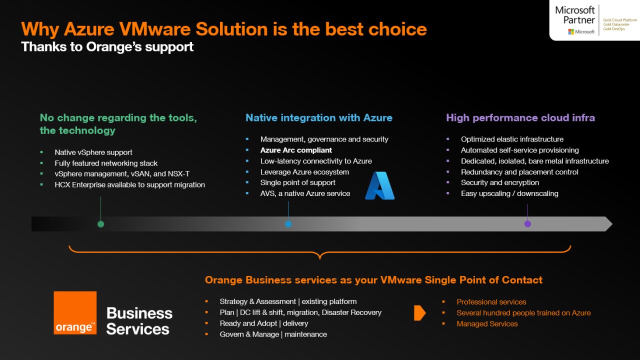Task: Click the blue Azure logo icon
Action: click(x=380, y=186)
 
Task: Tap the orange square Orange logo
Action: click(x=75, y=312)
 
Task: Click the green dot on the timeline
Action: click(x=100, y=224)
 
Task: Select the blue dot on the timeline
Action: click(x=288, y=224)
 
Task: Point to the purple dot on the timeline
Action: click(x=527, y=224)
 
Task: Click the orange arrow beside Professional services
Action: click(x=419, y=313)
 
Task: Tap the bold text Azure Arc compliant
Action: click(x=296, y=150)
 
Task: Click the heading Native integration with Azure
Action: click(x=318, y=118)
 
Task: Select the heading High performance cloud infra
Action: click(x=520, y=118)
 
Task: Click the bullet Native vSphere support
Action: click(x=93, y=152)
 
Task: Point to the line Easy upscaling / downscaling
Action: click(x=509, y=193)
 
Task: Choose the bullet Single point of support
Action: click(x=298, y=182)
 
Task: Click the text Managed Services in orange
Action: click(x=487, y=324)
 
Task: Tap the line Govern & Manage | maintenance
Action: click(x=273, y=334)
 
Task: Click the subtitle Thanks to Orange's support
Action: click(x=107, y=47)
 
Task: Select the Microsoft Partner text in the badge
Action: click(x=575, y=15)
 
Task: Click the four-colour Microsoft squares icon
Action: click(x=570, y=32)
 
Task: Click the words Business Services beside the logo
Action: click(x=139, y=321)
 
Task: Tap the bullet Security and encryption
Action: click(x=500, y=182)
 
